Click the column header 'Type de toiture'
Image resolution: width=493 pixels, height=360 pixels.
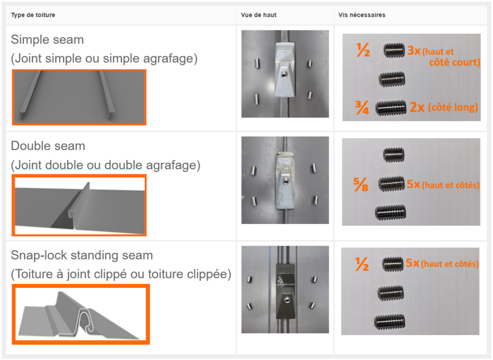tap(33, 15)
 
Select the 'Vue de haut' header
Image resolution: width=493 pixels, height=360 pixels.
tap(259, 15)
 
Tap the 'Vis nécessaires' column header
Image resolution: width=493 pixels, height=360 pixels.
tap(362, 15)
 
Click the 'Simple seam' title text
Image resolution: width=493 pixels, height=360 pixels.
tap(47, 39)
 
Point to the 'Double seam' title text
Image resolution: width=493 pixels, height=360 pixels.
tap(48, 146)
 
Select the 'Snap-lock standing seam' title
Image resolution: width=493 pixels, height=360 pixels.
tap(82, 255)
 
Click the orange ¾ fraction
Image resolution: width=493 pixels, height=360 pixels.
tap(362, 108)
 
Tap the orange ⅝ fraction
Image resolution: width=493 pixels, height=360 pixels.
tap(360, 184)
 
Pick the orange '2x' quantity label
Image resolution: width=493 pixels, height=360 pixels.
tap(417, 107)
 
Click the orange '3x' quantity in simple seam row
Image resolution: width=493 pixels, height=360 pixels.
tap(414, 51)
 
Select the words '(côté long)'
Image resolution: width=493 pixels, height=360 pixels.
tap(453, 107)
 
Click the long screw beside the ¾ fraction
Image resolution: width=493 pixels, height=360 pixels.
tap(391, 108)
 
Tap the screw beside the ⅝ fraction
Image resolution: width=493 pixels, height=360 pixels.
tap(391, 184)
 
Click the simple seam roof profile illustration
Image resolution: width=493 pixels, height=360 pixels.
tap(79, 97)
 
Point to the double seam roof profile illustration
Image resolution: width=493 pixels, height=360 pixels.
tap(79, 205)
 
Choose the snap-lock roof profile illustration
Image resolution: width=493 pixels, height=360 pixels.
tap(81, 314)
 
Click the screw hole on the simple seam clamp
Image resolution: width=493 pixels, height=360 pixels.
tap(284, 75)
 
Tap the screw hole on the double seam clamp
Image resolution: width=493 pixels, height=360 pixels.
tap(285, 181)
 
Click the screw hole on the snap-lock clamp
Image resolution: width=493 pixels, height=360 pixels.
tap(287, 300)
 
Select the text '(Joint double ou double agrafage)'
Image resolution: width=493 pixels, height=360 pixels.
tap(105, 165)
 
